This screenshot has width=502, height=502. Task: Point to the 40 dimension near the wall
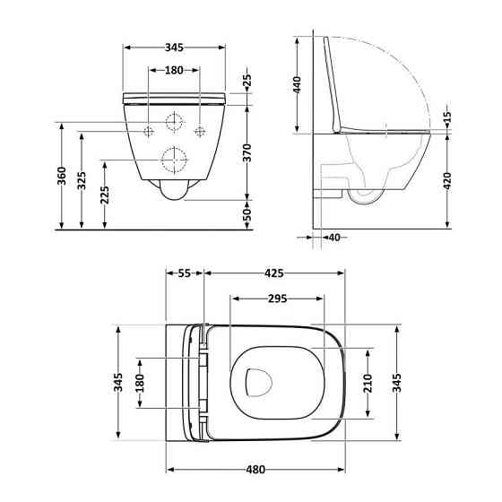pyautogui.click(x=333, y=238)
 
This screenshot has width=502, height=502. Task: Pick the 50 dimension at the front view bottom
pyautogui.click(x=247, y=213)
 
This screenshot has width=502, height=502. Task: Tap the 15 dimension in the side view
pyautogui.click(x=447, y=117)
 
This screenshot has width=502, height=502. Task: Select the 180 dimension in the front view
pyautogui.click(x=173, y=71)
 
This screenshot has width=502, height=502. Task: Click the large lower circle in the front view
pyautogui.click(x=173, y=160)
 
